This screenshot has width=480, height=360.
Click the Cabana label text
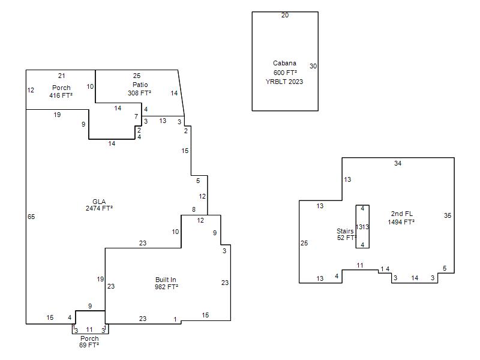284,63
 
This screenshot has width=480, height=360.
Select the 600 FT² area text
284,73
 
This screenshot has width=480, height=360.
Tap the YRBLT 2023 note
284,82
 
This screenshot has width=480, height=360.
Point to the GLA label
99,201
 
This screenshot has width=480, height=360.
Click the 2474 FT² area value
99,208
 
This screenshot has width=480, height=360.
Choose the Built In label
166,280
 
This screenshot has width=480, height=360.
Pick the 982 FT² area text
166,287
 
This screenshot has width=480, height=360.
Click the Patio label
140,85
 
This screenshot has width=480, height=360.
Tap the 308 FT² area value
139,93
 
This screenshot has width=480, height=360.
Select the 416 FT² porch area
61,95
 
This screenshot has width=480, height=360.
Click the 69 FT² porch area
89,345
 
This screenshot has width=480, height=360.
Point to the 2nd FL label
401,214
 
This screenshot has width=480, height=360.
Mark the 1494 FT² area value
401,222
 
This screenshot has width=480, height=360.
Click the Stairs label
345,230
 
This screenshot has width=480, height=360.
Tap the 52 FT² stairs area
345,238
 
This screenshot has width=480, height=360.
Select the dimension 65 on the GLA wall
31,217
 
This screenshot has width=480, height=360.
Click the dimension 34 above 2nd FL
398,163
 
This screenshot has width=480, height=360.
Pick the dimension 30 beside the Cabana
313,66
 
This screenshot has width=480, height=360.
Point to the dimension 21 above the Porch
61,76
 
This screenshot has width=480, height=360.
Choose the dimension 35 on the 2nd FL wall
448,215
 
